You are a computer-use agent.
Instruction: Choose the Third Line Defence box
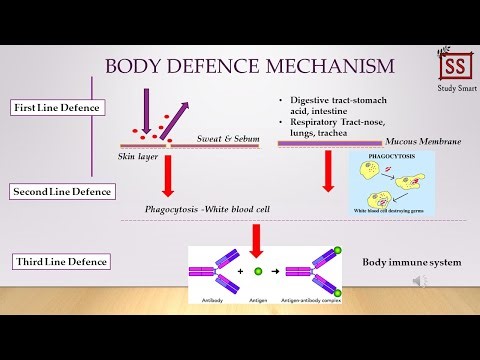[x=60, y=262]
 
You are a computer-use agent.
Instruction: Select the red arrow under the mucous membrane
[x=328, y=171]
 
